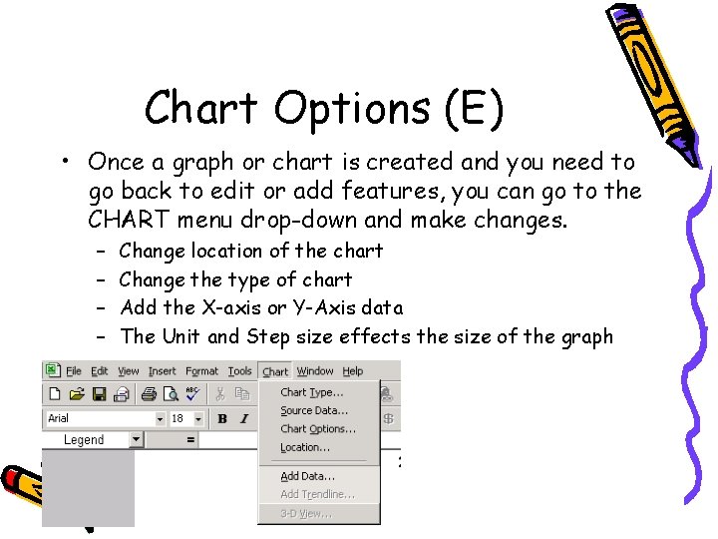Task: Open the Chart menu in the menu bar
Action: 275,371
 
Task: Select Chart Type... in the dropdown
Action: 311,392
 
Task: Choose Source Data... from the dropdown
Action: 314,410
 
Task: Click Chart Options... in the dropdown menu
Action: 318,428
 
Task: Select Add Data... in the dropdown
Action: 307,476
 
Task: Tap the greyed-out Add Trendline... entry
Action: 317,494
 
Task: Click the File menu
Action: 73,371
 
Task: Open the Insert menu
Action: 162,371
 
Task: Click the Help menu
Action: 353,371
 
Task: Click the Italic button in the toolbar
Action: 242,418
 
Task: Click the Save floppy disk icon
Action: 101,394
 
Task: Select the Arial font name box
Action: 100,418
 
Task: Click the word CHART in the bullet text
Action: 125,218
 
